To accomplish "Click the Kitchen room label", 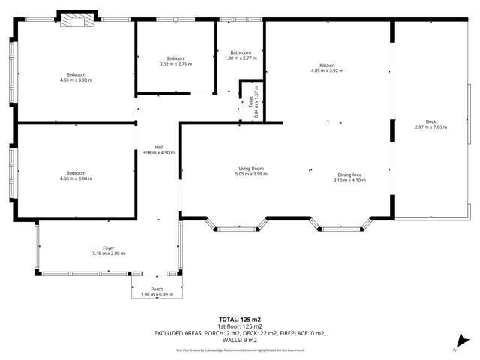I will click(327, 66).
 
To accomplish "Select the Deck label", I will click(430, 121).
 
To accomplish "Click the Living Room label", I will click(251, 169).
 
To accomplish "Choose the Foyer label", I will click(108, 247).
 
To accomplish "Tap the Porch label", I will click(157, 289).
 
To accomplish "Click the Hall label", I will click(158, 147).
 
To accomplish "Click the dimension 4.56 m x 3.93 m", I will click(76, 79).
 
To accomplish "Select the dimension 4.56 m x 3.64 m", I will click(76, 178).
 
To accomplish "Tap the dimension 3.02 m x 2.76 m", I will click(175, 64).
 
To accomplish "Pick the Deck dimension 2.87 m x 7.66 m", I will click(430, 127).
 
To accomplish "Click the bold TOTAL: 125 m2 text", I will click(239, 319).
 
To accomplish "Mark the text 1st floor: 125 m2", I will click(239, 326).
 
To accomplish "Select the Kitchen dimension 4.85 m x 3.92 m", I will click(327, 71).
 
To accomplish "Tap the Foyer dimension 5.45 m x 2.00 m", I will click(108, 253).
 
